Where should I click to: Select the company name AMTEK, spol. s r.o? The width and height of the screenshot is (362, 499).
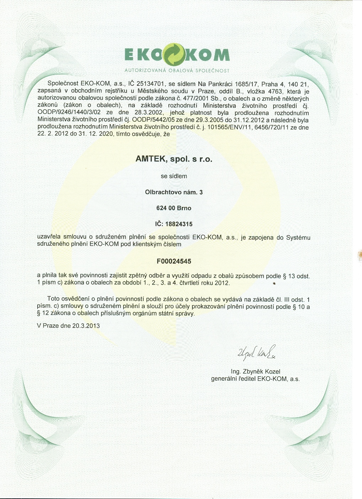[174, 159]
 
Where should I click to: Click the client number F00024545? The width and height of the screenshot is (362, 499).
[174, 261]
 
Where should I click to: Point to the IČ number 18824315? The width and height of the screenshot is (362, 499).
[179, 224]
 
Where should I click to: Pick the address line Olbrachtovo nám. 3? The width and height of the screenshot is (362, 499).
[174, 192]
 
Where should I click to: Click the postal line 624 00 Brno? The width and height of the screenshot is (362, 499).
[174, 208]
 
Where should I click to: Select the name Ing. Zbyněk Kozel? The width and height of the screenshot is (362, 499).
[255, 372]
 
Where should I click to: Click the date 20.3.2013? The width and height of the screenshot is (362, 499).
[86, 326]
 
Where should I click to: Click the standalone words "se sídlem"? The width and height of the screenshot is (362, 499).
[174, 176]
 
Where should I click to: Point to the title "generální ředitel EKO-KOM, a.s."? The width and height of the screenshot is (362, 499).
[255, 379]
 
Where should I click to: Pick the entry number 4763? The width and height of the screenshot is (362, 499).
[275, 91]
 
